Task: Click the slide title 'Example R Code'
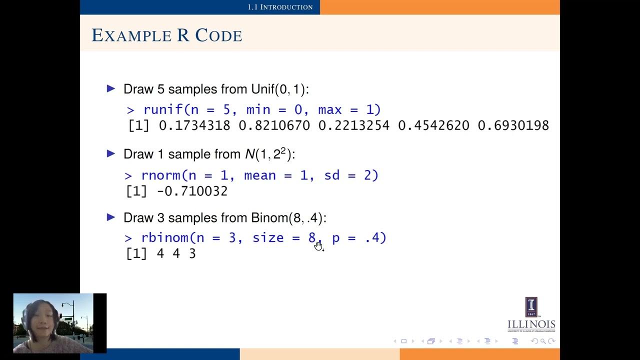click(167, 35)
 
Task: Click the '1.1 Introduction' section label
click(280, 7)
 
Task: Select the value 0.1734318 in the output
click(194, 125)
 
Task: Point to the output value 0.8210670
click(274, 125)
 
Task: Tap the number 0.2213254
click(354, 125)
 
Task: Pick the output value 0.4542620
click(433, 125)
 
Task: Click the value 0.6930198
click(513, 125)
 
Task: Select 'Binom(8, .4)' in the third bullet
click(288, 218)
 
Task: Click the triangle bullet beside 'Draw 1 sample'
click(111, 153)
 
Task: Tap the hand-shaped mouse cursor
click(318, 245)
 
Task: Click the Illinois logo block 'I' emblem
click(531, 306)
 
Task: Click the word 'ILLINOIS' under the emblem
click(531, 324)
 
